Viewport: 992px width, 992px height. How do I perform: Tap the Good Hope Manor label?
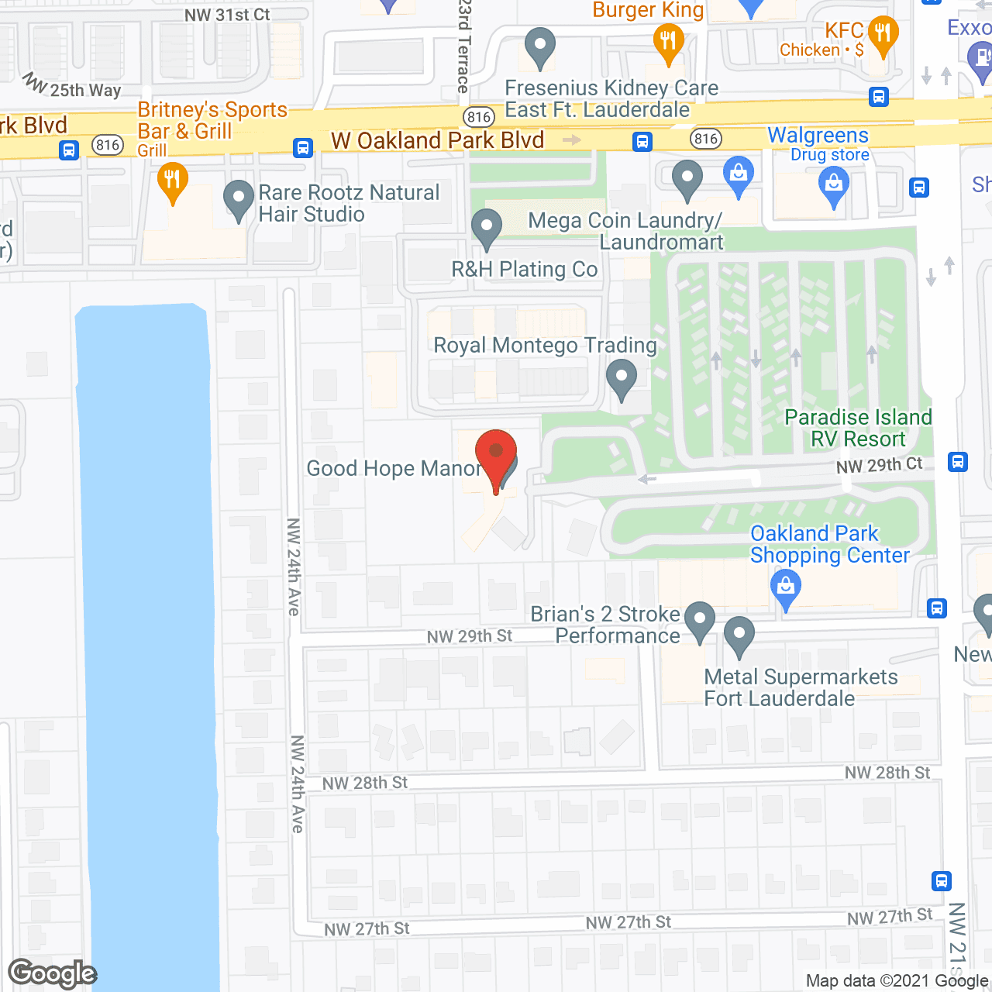tap(394, 468)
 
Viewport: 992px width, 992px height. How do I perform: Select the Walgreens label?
tap(818, 136)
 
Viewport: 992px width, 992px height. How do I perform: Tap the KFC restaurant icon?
tap(883, 35)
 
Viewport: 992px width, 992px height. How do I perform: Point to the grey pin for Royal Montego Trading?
tap(621, 379)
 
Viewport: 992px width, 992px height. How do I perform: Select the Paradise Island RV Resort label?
tap(858, 428)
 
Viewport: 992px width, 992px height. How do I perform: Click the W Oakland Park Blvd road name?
tap(438, 140)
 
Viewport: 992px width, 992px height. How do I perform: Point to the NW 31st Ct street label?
tap(227, 15)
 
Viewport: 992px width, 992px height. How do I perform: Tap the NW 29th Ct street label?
tap(879, 465)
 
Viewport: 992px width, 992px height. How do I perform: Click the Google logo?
tap(52, 973)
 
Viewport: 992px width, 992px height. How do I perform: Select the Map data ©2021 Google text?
tap(897, 980)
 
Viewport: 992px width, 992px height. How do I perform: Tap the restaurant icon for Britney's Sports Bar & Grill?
tap(172, 182)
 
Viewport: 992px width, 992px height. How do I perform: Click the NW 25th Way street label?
tap(74, 87)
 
